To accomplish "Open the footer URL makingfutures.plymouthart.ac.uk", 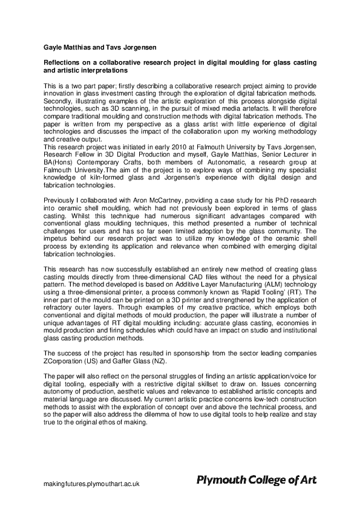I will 91,484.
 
